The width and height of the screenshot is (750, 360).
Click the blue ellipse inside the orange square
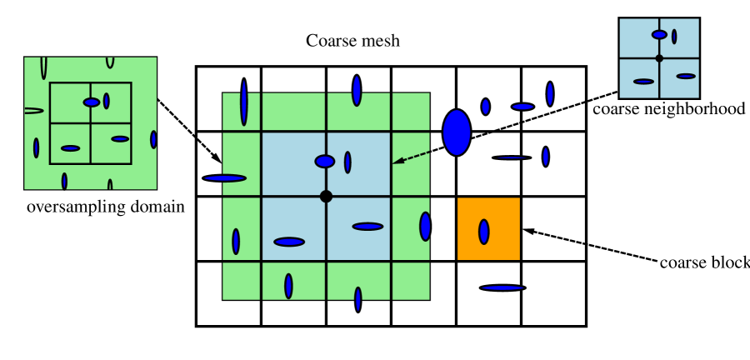pos(484,232)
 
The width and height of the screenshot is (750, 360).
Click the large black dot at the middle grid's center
pos(326,197)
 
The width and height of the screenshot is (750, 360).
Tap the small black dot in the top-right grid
pos(659,58)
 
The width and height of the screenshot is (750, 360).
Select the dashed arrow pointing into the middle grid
pos(412,157)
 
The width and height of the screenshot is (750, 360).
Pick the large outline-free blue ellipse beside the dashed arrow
pos(457,132)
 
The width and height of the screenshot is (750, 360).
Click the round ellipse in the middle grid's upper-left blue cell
pos(325,162)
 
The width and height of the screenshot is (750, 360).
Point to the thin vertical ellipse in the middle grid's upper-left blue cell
pos(347,162)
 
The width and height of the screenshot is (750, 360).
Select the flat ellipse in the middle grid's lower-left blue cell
pos(289,242)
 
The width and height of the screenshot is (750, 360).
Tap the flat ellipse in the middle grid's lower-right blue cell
pos(367,227)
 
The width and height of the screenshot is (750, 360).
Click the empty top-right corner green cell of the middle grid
pos(411,112)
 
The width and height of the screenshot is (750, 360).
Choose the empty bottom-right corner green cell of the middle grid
pos(411,281)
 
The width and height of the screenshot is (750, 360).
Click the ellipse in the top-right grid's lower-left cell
pos(643,82)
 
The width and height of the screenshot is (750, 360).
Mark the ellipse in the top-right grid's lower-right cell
pos(686,76)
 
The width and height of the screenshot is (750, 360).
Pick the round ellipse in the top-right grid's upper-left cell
pos(659,35)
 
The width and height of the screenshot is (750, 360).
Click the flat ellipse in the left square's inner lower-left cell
pos(71,148)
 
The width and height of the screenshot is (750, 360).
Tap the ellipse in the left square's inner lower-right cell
pos(120,139)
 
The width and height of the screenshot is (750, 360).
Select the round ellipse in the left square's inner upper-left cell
pos(92,102)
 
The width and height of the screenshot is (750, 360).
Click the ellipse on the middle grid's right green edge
pos(425,227)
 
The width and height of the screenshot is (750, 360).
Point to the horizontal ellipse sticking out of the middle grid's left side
pos(225,178)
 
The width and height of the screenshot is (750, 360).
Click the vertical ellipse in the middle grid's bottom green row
pos(288,286)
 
